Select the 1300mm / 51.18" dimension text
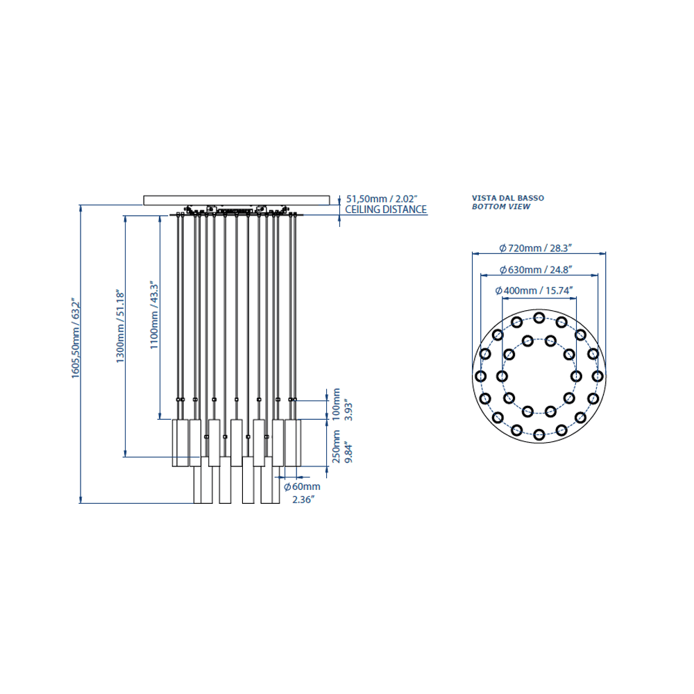(120, 327)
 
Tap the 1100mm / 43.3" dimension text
(153, 314)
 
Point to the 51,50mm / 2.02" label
(382, 199)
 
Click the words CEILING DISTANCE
(386, 210)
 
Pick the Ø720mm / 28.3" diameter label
(536, 248)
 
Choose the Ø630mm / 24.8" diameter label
(536, 269)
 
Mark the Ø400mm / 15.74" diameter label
(534, 290)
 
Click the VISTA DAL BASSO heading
(508, 198)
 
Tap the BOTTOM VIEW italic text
(501, 207)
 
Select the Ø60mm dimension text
(302, 487)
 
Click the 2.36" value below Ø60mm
(304, 500)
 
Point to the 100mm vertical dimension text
(337, 405)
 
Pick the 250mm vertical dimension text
(337, 446)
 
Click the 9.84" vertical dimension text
(349, 452)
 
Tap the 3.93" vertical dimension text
(349, 410)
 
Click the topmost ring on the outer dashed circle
(539, 317)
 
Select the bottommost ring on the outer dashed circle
(539, 434)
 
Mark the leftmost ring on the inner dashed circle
(502, 376)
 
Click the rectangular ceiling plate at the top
(237, 200)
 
